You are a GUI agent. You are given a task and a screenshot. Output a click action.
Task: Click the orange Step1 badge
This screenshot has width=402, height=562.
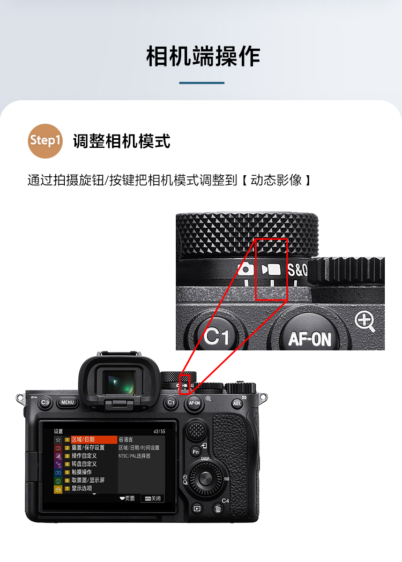[46, 140]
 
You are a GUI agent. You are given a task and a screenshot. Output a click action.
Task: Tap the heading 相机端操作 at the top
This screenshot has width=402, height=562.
[203, 56]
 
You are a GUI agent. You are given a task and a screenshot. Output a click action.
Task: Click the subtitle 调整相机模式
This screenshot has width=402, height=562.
[122, 141]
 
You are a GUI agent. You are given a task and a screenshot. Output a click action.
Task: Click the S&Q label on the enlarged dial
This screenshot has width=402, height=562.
[297, 269]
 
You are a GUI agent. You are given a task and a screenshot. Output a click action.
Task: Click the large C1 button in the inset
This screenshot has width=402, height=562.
[217, 337]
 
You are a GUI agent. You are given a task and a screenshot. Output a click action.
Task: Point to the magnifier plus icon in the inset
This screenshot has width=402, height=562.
[365, 321]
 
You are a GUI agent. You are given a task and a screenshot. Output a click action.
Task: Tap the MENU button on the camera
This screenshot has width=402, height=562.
[67, 402]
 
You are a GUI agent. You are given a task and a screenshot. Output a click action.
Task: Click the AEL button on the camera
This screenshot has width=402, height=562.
[237, 403]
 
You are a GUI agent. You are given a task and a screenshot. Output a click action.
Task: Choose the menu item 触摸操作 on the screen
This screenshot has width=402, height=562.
[81, 472]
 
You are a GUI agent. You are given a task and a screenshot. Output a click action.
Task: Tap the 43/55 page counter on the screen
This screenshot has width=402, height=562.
[159, 431]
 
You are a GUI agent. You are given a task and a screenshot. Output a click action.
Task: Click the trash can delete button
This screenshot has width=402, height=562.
[218, 509]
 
